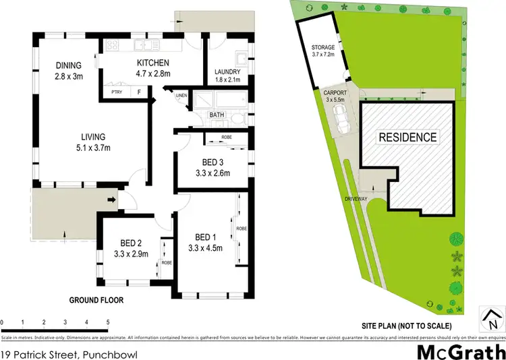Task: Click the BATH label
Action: coord(217,115)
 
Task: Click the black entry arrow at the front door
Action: coord(111,199)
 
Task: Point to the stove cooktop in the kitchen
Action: coord(112,46)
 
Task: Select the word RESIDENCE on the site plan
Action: coord(407,137)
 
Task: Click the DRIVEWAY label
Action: coord(355,200)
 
